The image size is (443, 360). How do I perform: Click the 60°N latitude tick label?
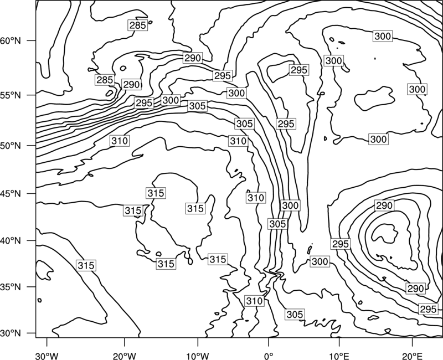point(11,40)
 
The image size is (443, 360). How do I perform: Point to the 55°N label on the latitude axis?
point(11,95)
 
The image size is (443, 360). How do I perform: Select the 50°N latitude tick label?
point(11,146)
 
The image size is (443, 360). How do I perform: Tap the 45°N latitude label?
point(11,193)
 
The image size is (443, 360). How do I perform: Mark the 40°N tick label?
point(11,241)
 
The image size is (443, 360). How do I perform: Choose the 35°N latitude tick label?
point(11,287)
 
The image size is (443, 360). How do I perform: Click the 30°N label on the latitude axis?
point(11,333)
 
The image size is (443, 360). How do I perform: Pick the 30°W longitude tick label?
point(47,356)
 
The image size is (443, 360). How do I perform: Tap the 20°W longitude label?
point(124,356)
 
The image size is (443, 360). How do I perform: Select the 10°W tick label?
point(198,356)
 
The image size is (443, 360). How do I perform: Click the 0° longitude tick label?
point(269,356)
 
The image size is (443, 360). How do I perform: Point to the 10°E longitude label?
point(339,356)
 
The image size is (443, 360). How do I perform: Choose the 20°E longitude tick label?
point(412,356)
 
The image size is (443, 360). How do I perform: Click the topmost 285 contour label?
point(137,25)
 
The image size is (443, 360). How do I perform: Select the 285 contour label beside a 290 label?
point(105,80)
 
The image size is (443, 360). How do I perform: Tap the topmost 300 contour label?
point(383,36)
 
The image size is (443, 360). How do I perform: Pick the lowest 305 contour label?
point(295,314)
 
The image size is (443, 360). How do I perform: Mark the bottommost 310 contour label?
point(255,301)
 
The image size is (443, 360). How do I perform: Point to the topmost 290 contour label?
point(192,58)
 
